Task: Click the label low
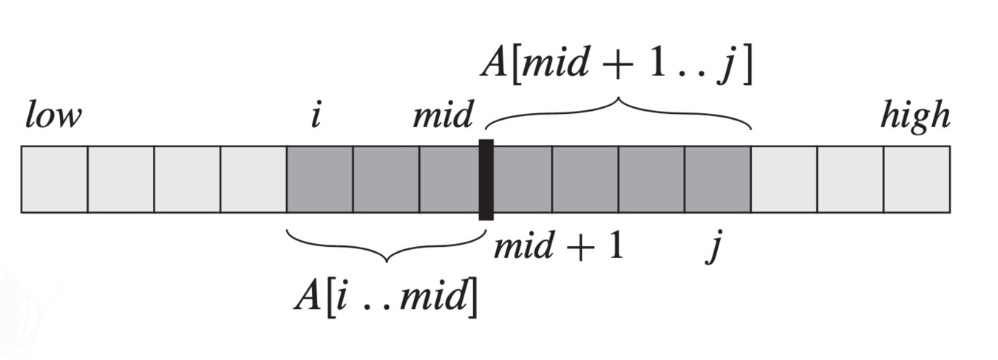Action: [x=52, y=117]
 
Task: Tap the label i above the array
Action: [x=316, y=117]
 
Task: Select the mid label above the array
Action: [x=442, y=117]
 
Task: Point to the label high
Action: [x=914, y=117]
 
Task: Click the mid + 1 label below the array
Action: [x=559, y=245]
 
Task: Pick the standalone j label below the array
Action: [x=713, y=248]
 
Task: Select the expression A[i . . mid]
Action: [x=385, y=296]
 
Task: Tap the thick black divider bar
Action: [x=486, y=180]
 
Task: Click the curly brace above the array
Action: [x=618, y=111]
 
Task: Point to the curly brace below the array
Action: [x=385, y=248]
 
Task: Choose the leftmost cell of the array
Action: [x=55, y=180]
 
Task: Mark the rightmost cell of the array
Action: [x=917, y=180]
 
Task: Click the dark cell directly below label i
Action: [x=319, y=180]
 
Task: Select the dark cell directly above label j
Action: [x=717, y=180]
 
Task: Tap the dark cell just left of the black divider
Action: [x=449, y=180]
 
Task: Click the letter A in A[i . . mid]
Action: [x=305, y=296]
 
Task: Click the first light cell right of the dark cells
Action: [x=784, y=180]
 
